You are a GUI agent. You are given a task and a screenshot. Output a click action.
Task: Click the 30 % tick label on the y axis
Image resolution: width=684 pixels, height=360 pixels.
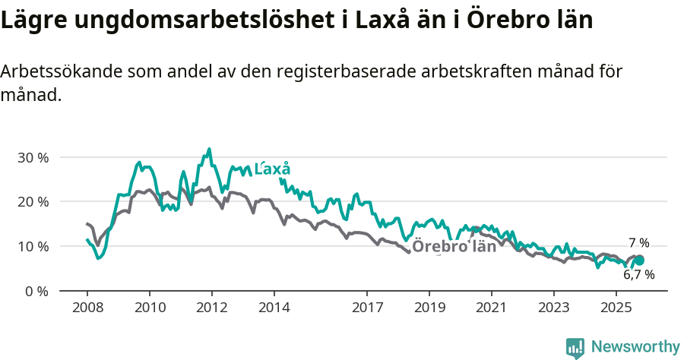point(32,157)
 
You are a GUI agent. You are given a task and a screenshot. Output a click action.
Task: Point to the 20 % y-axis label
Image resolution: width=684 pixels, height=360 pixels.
point(32,202)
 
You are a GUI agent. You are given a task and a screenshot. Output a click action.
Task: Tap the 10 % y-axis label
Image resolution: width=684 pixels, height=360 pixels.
point(32,246)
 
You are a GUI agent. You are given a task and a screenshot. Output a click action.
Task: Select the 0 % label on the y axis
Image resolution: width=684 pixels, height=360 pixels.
point(35,291)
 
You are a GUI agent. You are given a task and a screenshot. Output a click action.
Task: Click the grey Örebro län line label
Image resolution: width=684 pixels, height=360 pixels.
point(454,246)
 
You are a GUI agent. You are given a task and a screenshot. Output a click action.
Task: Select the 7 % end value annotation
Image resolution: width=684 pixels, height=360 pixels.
point(638,243)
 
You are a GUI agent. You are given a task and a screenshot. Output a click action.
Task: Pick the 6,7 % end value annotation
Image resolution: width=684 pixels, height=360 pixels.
point(638,275)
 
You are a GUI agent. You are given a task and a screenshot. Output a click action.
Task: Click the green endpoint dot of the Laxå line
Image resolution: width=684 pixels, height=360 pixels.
point(639,261)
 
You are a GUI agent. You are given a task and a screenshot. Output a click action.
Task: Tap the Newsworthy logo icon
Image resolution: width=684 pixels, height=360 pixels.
point(575,347)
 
